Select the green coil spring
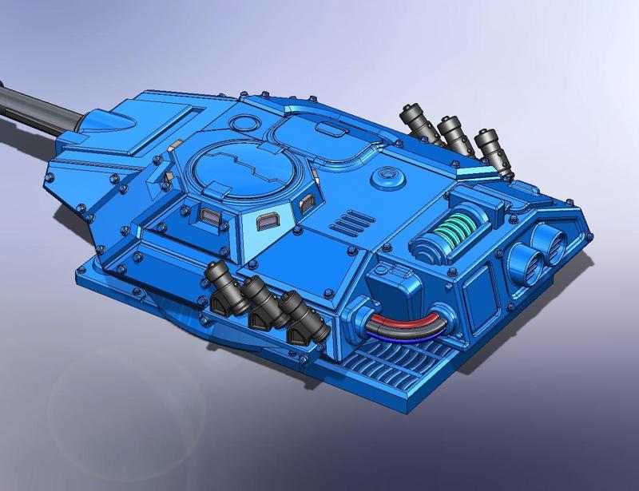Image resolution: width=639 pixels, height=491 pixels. (x=449, y=229)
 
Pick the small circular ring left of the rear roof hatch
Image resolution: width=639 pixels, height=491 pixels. (x=243, y=124)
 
